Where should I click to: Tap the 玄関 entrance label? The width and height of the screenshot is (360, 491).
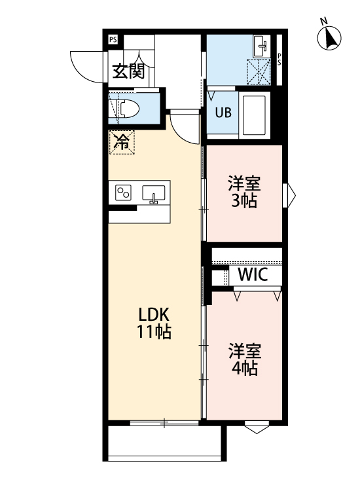127,71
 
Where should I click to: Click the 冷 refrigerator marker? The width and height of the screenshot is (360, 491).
122,141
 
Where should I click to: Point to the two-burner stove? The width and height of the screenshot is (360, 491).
123,192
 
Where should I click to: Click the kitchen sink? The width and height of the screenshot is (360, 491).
154,194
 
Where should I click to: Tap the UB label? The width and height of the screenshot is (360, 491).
223,111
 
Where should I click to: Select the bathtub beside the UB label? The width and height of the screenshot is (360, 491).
255,115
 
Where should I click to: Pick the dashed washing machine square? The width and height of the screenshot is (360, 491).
259,71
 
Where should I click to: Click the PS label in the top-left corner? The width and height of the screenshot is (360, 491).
113,39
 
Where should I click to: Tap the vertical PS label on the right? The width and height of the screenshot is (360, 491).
279,59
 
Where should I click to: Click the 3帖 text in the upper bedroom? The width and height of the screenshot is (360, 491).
244,201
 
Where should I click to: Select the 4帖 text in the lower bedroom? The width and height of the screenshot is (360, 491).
244,369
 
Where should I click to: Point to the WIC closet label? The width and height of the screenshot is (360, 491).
252,275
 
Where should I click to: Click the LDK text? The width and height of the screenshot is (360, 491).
154,312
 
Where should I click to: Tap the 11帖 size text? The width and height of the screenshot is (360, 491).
154,332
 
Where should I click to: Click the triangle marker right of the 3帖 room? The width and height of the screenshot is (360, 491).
290,194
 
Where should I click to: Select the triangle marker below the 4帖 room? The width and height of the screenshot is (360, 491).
257,429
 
